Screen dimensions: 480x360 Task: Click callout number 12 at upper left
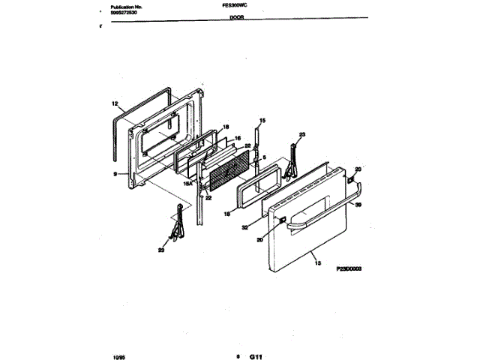point(115,103)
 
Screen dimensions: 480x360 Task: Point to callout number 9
point(115,173)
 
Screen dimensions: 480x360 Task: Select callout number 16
point(238,138)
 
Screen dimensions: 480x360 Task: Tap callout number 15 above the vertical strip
point(262,121)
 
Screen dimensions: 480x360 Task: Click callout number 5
point(265,157)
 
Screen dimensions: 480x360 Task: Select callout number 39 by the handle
point(358,204)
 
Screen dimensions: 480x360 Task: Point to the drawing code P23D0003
point(349,268)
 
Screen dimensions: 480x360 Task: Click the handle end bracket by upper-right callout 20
point(349,179)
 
